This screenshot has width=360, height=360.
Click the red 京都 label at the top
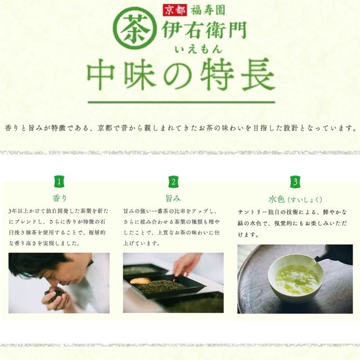(175, 10)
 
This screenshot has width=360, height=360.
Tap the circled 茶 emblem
(136, 28)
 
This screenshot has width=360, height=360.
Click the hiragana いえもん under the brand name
(199, 49)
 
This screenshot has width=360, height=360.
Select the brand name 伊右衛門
(204, 30)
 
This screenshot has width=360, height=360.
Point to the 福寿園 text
(208, 10)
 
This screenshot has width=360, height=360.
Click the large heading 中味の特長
(181, 74)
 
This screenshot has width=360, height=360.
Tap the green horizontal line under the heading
(181, 102)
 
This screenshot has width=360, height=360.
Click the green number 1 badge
(59, 182)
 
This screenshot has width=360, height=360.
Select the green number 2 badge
(173, 182)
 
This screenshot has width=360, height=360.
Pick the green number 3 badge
(295, 182)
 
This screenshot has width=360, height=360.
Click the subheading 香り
(60, 198)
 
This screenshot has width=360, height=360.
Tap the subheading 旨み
(173, 198)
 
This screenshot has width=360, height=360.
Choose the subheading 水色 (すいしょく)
(295, 199)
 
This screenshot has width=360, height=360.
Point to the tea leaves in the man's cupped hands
(55, 293)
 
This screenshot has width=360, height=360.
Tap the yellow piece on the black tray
(141, 281)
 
